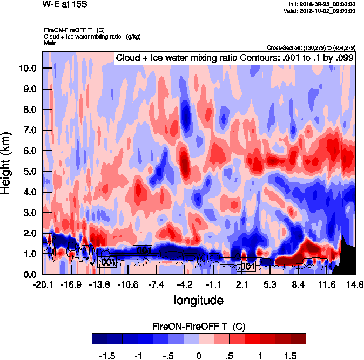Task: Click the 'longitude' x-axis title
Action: tap(198, 300)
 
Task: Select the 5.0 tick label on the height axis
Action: tap(30, 172)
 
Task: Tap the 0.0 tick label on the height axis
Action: tap(30, 275)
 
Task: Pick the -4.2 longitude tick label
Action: tap(185, 285)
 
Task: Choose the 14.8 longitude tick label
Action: tap(355, 285)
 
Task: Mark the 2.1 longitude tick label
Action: tap(242, 285)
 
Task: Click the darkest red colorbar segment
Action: tap(299, 338)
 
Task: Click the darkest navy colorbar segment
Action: tap(99, 338)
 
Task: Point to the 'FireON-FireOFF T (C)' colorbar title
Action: tap(199, 327)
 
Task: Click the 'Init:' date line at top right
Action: tap(322, 4)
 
